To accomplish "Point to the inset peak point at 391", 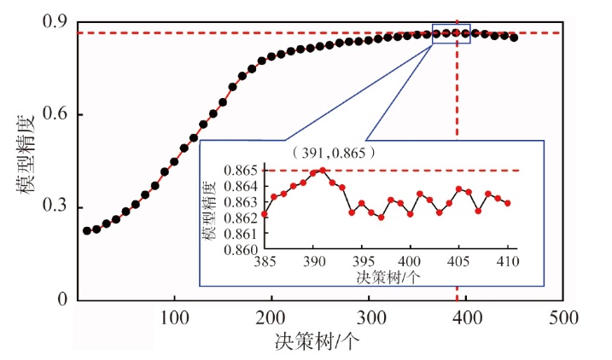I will click(323, 170).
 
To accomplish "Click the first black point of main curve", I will click(87, 230).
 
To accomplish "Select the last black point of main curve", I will click(514, 38).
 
